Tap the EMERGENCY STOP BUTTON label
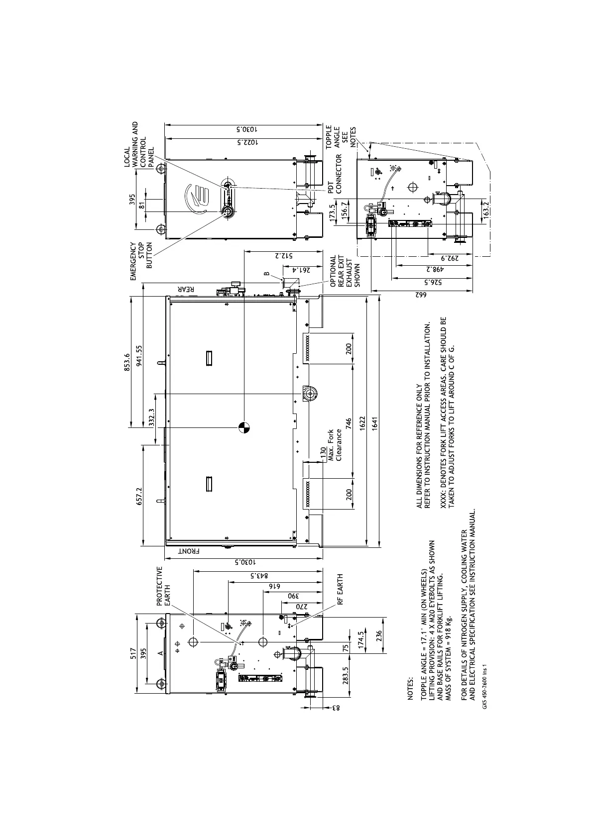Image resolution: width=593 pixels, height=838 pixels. pos(141,255)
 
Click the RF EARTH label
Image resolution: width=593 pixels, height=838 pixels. pos(341,589)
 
